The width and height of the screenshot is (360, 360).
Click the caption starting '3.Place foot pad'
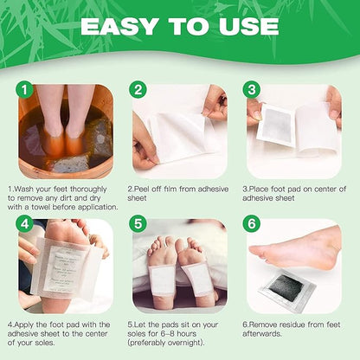(x=294, y=192)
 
